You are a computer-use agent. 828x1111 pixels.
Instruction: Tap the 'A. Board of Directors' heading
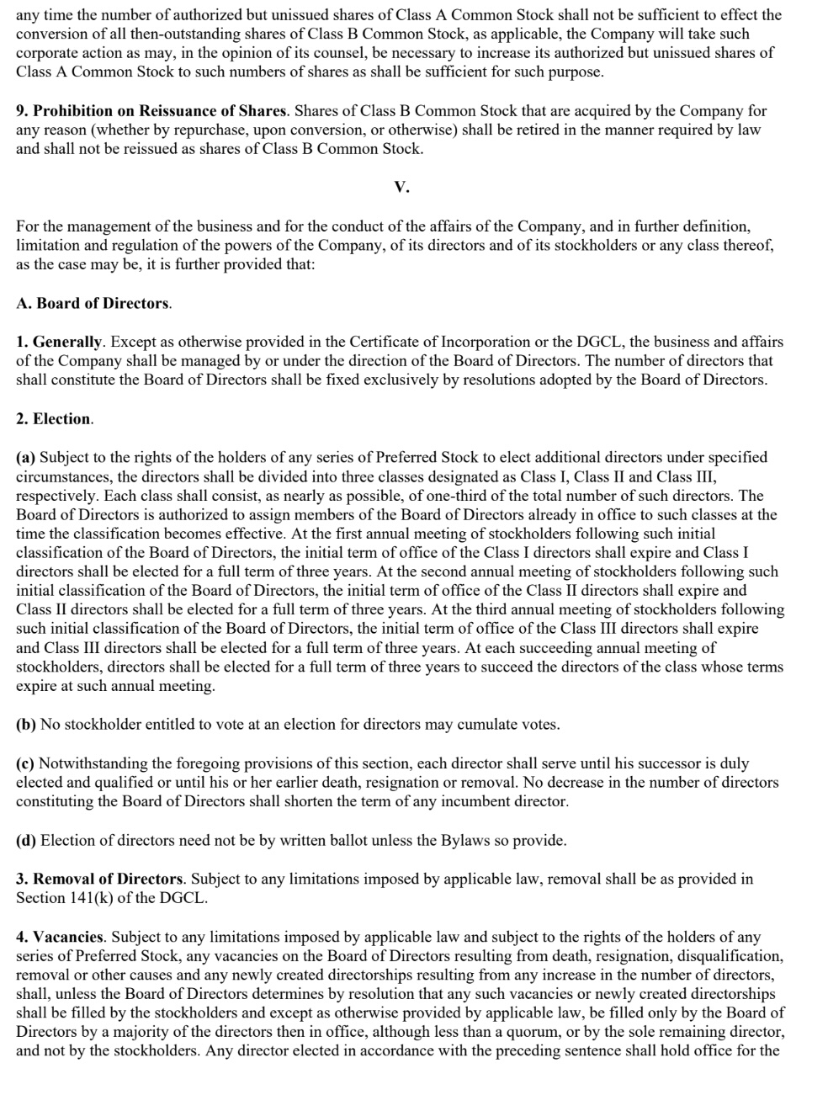pyautogui.click(x=93, y=303)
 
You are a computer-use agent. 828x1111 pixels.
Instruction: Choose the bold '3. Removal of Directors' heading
pyautogui.click(x=99, y=879)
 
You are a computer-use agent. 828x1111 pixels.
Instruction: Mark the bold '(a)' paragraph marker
pyautogui.click(x=26, y=457)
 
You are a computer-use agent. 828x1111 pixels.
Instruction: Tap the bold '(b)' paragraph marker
pyautogui.click(x=26, y=724)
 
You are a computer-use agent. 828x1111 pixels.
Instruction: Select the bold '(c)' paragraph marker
pyautogui.click(x=25, y=763)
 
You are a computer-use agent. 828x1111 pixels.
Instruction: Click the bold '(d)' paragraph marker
pyautogui.click(x=26, y=840)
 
